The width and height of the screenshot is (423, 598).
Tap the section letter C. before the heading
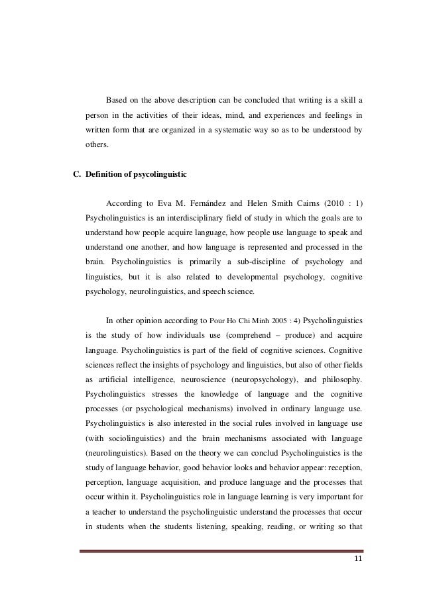tap(76, 175)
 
